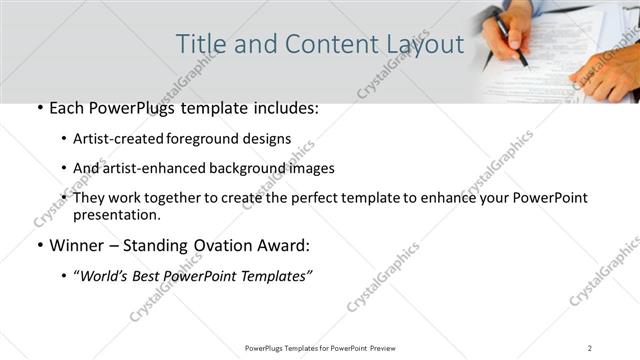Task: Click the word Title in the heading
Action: (x=200, y=44)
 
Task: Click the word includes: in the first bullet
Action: (x=283, y=108)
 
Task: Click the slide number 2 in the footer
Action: (x=590, y=347)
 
